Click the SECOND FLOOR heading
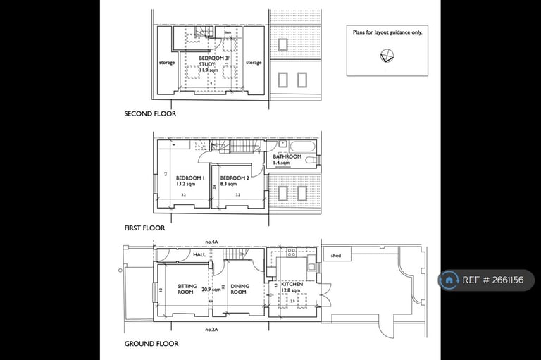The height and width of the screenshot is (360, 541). pyautogui.click(x=150, y=113)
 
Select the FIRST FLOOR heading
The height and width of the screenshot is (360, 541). pyautogui.click(x=144, y=228)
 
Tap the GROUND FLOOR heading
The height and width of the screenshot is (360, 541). pyautogui.click(x=151, y=344)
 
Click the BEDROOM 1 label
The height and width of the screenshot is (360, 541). pyautogui.click(x=190, y=178)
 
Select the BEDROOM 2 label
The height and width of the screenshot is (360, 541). pyautogui.click(x=235, y=178)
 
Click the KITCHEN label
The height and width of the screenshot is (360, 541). pyautogui.click(x=292, y=284)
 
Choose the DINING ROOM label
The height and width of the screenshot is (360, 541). pyautogui.click(x=238, y=289)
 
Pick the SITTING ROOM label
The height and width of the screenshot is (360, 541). pyautogui.click(x=187, y=289)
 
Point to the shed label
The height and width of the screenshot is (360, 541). pyautogui.click(x=335, y=256)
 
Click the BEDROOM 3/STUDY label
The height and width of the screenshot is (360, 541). pyautogui.click(x=208, y=61)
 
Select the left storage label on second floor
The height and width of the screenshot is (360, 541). pyautogui.click(x=167, y=63)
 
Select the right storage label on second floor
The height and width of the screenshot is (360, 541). pyautogui.click(x=254, y=63)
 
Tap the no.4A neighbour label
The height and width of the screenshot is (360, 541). pyautogui.click(x=211, y=241)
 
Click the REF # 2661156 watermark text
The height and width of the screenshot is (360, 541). pyautogui.click(x=493, y=280)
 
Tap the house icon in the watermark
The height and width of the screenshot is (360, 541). pyautogui.click(x=449, y=280)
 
